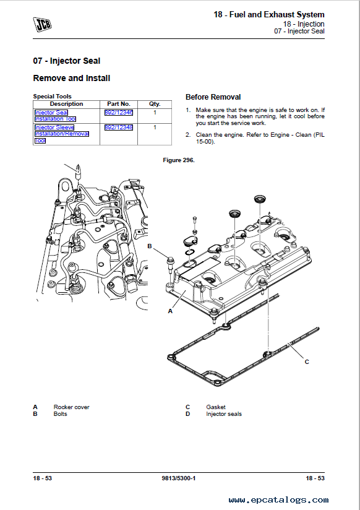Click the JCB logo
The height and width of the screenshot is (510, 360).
point(42,25)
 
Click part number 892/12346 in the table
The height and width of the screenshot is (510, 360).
point(119,113)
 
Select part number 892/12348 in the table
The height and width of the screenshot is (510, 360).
point(119,127)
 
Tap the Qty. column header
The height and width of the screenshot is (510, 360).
point(155,104)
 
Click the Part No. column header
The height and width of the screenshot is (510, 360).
point(119,104)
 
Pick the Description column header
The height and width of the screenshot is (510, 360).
point(66,104)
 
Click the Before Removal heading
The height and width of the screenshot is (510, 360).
point(213,97)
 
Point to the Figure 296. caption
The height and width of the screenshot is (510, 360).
point(179,160)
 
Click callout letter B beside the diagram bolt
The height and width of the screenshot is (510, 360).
point(150,246)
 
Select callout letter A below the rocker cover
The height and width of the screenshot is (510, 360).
point(170,311)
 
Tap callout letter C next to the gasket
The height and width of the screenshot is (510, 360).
point(307,361)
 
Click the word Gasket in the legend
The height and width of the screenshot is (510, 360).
point(216,407)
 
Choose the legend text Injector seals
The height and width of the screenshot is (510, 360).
point(224,414)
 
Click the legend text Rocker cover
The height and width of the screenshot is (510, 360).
point(71,407)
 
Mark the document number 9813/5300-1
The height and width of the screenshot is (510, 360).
point(179,478)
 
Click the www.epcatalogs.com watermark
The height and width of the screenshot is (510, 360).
point(278,500)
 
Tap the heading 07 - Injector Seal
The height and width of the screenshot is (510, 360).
point(67,61)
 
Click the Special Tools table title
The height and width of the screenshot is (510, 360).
point(52,97)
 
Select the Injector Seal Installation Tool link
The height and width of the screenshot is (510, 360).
point(55,116)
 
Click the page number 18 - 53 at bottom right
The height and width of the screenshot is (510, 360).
point(315,478)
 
